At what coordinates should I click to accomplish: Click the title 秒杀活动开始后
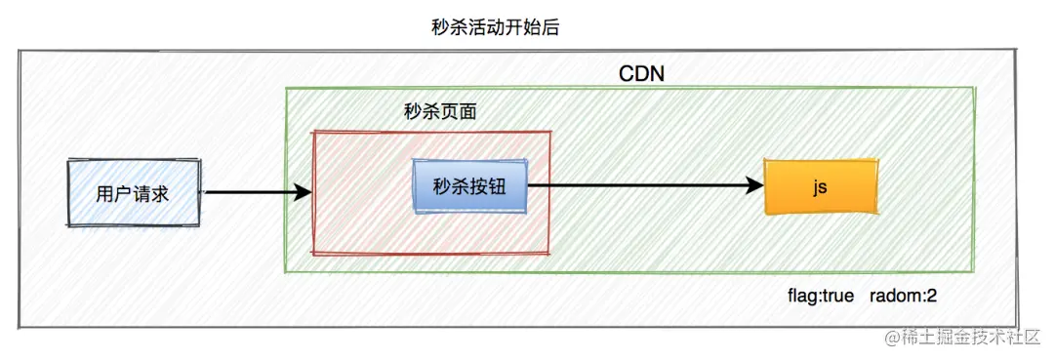(x=495, y=28)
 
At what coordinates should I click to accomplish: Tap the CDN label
(x=642, y=73)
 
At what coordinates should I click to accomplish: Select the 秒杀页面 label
(x=440, y=111)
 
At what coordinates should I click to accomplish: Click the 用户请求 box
(x=133, y=193)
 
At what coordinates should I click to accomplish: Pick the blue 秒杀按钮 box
(x=470, y=184)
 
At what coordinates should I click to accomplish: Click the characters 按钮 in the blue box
(x=489, y=184)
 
